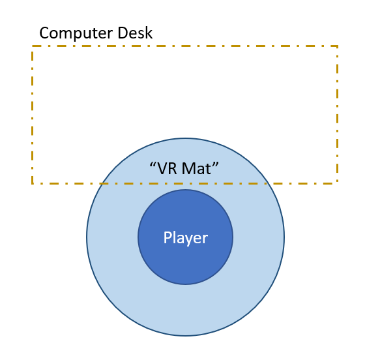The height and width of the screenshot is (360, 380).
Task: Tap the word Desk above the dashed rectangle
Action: point(135,33)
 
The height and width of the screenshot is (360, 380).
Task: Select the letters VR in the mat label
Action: point(168,168)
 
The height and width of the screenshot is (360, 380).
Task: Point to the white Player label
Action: point(185,238)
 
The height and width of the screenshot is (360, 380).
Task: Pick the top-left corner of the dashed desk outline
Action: point(32,46)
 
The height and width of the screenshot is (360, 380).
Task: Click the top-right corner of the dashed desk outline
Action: point(337,46)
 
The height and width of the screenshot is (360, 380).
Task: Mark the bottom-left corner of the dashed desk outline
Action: point(32,183)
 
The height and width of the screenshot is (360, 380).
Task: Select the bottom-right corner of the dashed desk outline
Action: point(337,183)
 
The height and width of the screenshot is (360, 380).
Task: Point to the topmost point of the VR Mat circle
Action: point(185,138)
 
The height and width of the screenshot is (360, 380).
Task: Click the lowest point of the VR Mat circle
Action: point(185,336)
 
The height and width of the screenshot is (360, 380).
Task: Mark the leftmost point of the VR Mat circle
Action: point(87,237)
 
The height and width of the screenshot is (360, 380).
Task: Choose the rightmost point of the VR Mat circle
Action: point(284,237)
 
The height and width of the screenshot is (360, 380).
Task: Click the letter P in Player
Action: point(168,237)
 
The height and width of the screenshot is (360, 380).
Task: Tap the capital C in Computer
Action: point(44,33)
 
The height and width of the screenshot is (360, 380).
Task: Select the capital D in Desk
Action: point(123,33)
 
